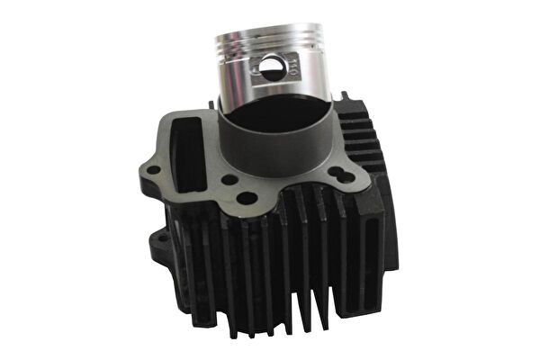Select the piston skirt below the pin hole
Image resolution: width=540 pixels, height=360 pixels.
tap(270, 90)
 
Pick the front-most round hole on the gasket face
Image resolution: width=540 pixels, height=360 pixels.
tap(248, 198)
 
